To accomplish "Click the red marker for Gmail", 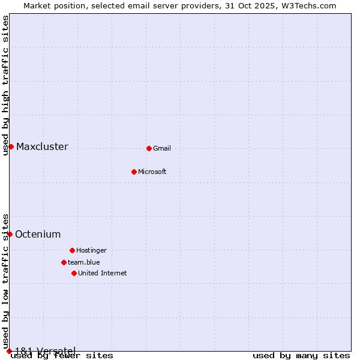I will [x=149, y=148].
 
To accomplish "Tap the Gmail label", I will [x=162, y=149].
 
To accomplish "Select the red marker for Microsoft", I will [x=134, y=172].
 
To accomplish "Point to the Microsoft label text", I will [x=152, y=172].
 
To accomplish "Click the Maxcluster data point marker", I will [x=11, y=146].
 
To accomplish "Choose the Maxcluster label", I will [x=42, y=147].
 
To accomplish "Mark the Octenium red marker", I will [x=10, y=234].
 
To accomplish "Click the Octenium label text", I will [x=38, y=235].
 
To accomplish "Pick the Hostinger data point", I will [x=72, y=250].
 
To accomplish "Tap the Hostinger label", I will [x=91, y=251].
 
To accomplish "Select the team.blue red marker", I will [x=64, y=262].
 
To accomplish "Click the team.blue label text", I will [x=84, y=262].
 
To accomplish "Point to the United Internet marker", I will [x=74, y=273].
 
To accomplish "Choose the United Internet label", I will [x=102, y=274].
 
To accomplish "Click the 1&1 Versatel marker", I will [x=9, y=351].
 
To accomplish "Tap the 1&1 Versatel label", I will [x=45, y=351].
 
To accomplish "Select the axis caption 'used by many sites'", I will [x=301, y=356].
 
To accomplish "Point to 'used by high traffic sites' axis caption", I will [x=6, y=85].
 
